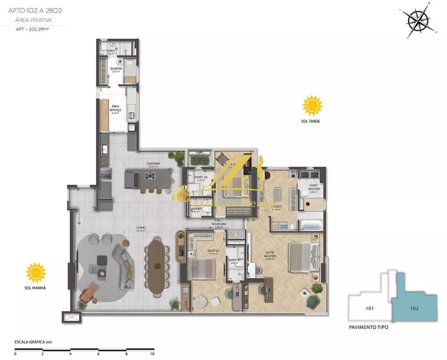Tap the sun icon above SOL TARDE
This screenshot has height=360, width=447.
[312, 105]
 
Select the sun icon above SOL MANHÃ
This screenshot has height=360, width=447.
[36, 272]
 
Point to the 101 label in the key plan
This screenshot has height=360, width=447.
[369, 308]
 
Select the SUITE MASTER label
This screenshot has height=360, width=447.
[269, 254]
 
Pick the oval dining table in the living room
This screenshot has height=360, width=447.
[157, 267]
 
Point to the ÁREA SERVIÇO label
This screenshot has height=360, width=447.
[115, 108]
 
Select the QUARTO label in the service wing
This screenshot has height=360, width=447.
[116, 69]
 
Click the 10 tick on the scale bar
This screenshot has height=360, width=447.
[153, 354]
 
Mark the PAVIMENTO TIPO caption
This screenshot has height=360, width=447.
[369, 327]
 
